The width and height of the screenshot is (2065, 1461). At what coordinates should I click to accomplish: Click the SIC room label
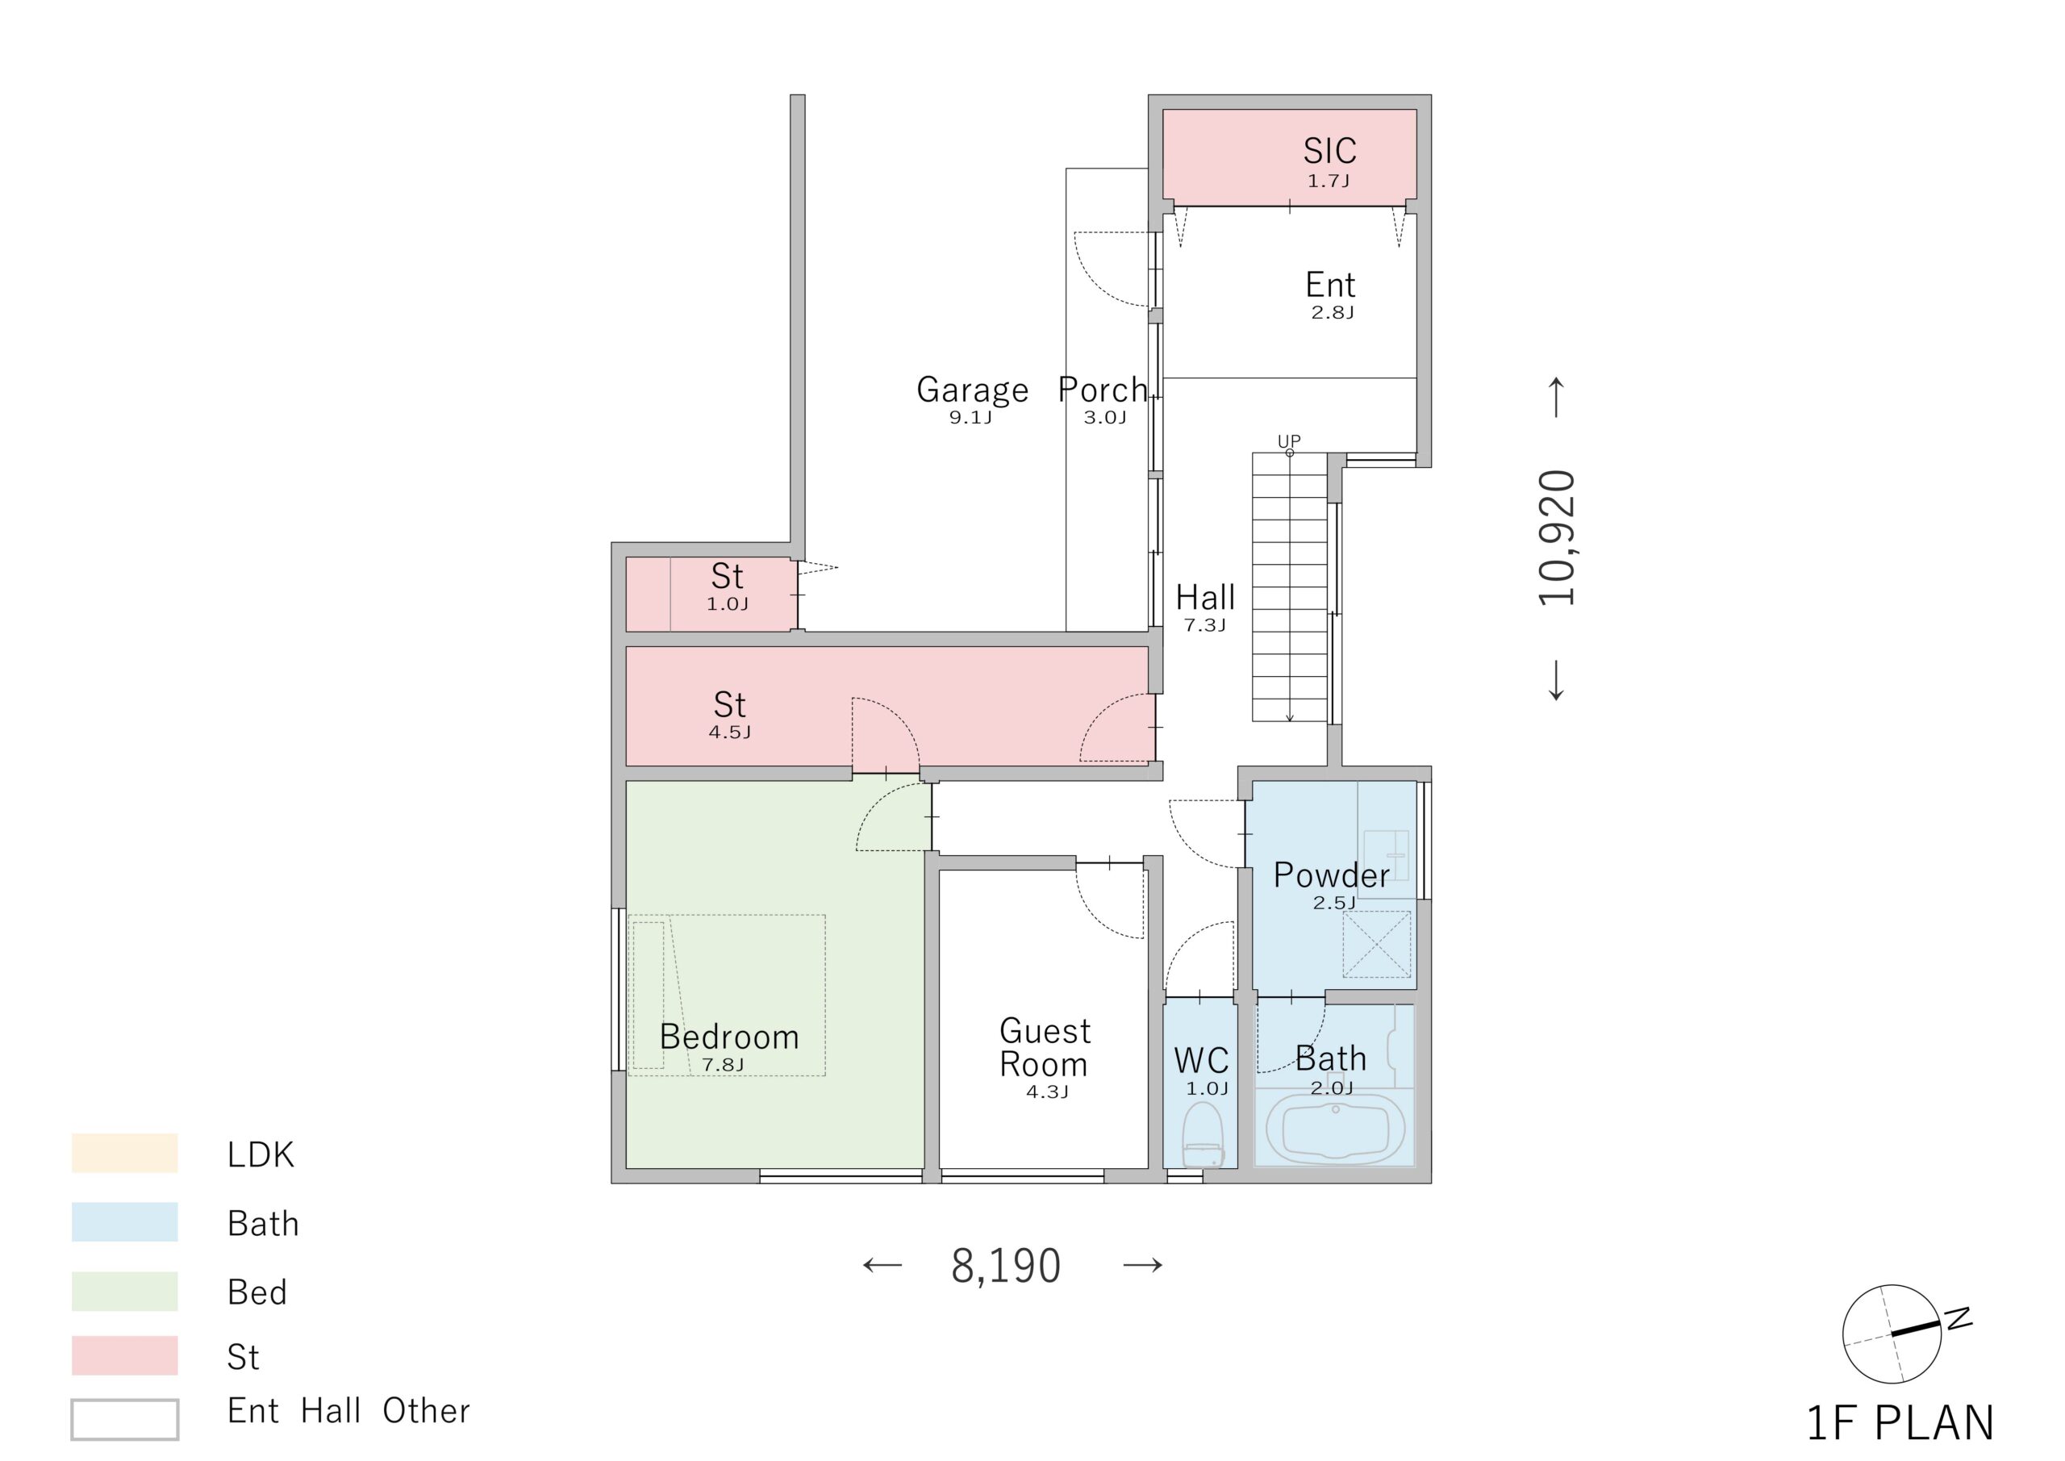[1329, 150]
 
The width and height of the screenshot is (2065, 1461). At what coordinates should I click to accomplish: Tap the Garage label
[972, 390]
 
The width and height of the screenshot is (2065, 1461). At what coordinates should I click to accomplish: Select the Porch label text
[1103, 390]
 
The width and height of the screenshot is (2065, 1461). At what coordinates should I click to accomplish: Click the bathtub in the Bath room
[1335, 1130]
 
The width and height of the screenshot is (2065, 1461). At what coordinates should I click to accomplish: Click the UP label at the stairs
[1289, 440]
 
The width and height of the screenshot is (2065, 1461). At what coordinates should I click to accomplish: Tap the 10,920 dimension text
[1557, 537]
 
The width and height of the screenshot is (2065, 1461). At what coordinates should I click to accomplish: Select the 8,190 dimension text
[1006, 1265]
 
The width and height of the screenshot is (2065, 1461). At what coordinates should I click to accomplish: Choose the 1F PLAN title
[1900, 1423]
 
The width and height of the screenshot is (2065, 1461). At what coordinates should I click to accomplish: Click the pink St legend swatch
[125, 1356]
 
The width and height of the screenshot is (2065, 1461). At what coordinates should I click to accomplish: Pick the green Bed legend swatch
[125, 1291]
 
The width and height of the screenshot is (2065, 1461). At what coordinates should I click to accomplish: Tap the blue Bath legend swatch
[125, 1221]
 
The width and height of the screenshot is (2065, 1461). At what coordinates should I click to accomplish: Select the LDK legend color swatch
[125, 1153]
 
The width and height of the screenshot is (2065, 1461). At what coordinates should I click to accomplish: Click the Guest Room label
[1045, 1047]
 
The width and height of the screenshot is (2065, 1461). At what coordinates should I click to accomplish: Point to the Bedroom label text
[729, 1037]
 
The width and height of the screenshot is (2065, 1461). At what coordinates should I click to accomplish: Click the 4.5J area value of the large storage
[729, 733]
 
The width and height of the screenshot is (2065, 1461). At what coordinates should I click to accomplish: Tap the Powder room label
[1331, 875]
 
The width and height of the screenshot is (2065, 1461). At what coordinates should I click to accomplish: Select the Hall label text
[1205, 597]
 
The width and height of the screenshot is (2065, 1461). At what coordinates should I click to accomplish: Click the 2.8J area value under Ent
[1332, 312]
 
